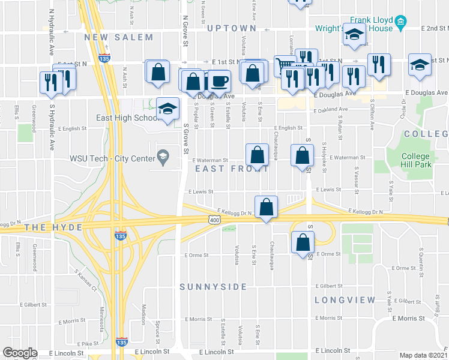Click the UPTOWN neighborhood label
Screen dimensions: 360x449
[x=232, y=28]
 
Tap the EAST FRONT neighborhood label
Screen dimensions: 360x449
[x=231, y=169]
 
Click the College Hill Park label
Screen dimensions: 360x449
[x=415, y=160]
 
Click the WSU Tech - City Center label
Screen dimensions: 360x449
[x=112, y=158]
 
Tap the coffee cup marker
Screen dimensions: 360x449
[x=218, y=81]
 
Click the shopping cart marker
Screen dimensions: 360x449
[x=285, y=65]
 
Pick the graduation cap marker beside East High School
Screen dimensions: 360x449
[x=168, y=109]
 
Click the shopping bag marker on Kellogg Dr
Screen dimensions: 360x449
[x=265, y=207]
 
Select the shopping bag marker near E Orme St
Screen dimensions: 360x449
[x=303, y=242]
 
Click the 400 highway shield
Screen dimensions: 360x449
[x=214, y=221]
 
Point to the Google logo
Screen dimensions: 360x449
[x=20, y=353]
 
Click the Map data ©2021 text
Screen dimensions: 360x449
[x=423, y=355]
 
